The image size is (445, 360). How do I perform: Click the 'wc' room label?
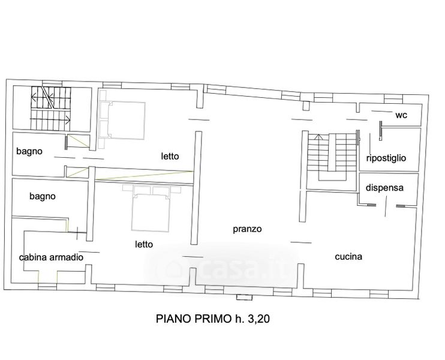point(401,115)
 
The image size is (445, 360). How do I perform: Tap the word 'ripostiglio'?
point(386,158)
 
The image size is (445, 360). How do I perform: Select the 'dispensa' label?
point(384,188)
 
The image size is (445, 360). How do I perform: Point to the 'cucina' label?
point(348,257)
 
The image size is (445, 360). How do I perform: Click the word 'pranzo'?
point(247,229)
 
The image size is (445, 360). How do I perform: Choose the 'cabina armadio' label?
point(51,257)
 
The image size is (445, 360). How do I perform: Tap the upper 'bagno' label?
point(29,151)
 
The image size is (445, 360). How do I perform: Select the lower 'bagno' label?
point(43,196)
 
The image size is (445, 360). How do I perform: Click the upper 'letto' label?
point(170,156)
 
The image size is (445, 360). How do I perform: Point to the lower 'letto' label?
point(144,244)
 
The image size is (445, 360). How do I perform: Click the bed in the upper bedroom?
point(122,120)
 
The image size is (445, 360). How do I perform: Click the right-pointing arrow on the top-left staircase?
point(50,119)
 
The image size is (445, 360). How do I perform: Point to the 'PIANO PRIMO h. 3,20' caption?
point(213,319)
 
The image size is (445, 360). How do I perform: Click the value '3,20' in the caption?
point(258,319)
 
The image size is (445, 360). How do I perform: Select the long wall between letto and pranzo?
point(196,188)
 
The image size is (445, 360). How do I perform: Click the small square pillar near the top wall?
point(306,106)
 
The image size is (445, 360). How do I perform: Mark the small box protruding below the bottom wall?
point(244,296)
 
